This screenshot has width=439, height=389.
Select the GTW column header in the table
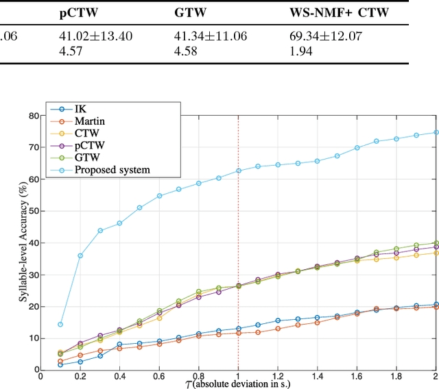[189, 12]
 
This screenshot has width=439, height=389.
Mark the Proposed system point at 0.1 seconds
[60, 325]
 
